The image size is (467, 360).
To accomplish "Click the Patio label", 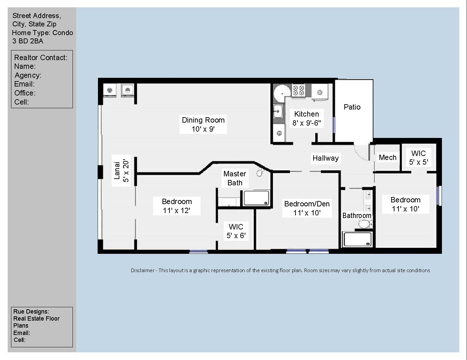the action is point(352,107).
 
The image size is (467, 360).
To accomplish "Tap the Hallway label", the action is point(326,158).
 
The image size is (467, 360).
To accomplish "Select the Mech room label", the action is point(387,157).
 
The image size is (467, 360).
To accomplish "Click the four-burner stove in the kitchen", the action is point(299,90).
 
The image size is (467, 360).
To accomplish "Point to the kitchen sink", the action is point(278,112).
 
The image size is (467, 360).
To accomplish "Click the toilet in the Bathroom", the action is point(365,224).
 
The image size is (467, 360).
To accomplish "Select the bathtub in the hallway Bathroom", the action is point(357,239).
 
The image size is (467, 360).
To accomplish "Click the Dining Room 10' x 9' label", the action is point(203,125).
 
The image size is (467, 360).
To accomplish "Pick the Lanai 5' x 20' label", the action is point(121,171).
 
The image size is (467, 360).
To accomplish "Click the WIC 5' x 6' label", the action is point(236,231).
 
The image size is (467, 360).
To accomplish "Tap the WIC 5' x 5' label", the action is point(419,158).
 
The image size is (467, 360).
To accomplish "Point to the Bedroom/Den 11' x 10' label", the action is point(307,208).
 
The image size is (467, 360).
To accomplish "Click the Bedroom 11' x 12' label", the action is point(177,206).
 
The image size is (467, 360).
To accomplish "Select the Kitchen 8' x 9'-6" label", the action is point(307,118).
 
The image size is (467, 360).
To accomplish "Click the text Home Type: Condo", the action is point(42,33).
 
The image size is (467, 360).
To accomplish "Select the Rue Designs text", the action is point(31,312).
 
